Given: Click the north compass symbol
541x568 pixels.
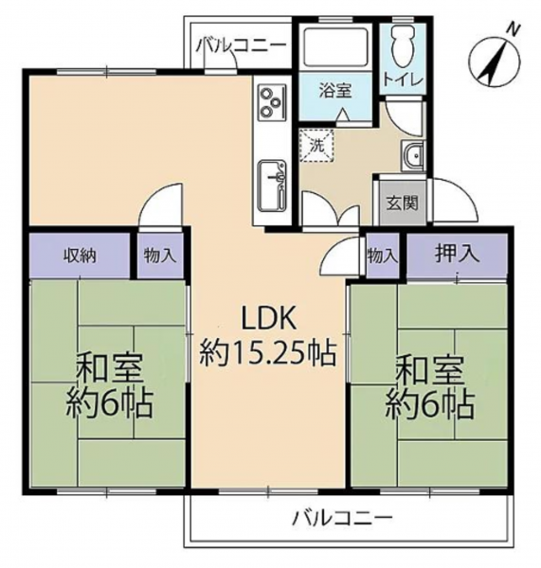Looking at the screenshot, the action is click(495, 61).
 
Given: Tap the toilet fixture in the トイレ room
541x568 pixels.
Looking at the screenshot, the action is click(404, 46).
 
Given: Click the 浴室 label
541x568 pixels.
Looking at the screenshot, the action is click(335, 90).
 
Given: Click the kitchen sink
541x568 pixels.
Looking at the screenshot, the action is click(272, 186).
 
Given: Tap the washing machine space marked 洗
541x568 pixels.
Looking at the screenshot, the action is click(316, 145).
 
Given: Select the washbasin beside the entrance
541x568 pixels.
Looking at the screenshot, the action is click(412, 156).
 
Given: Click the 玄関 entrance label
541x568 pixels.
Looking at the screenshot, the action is click(402, 203).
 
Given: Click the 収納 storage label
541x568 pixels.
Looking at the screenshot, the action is click(80, 257).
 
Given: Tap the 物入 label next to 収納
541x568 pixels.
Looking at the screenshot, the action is click(160, 257).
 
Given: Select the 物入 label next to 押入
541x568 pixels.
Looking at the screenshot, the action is click(382, 257).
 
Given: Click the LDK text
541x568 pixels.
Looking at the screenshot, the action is click(268, 318).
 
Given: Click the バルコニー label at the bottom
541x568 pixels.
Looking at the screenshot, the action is click(342, 519).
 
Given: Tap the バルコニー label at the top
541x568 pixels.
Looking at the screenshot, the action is click(241, 46).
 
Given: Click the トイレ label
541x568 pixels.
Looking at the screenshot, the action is click(404, 80).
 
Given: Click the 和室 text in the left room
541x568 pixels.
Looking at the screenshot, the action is click(109, 369).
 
